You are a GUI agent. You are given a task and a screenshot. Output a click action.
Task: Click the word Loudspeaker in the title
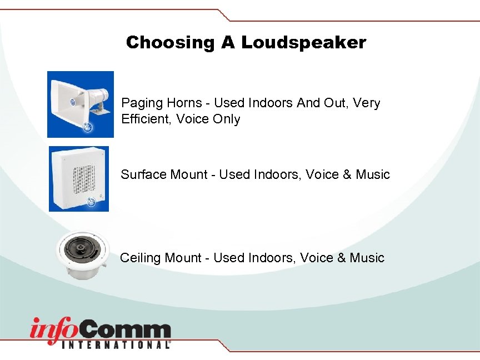coord(303,42)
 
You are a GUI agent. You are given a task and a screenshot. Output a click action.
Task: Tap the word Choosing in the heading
coord(169,42)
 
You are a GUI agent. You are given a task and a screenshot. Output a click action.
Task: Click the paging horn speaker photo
coord(80,104)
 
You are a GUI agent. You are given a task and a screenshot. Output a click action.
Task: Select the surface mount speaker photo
coord(79,178)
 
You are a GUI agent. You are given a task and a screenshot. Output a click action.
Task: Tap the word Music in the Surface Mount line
coord(373,174)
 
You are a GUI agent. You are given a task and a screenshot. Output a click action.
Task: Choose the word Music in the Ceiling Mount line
coord(367,258)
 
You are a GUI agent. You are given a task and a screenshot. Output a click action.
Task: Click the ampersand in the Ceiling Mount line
coord(339,258)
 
